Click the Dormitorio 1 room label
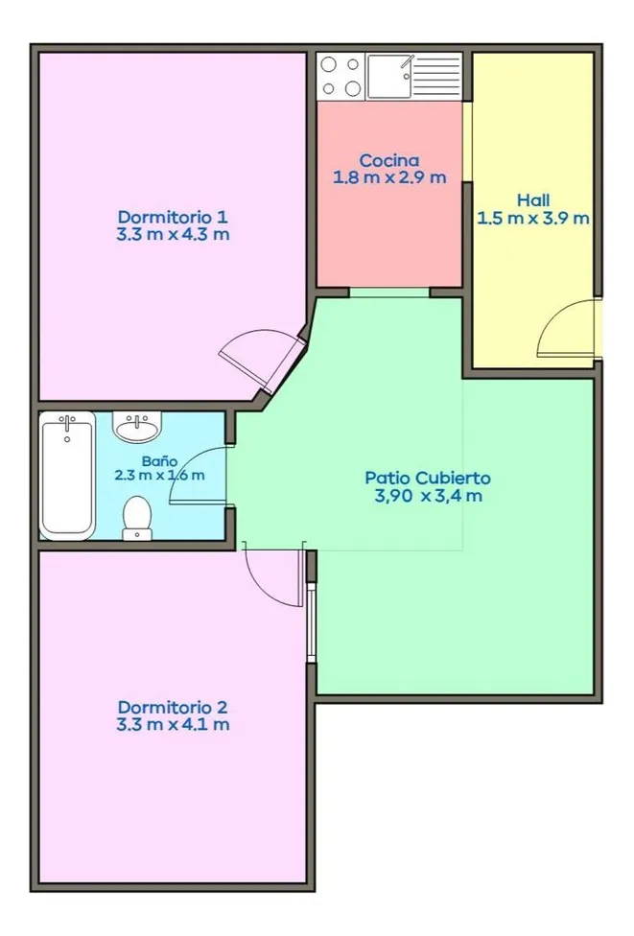tap(173, 216)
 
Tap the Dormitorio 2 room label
tap(173, 708)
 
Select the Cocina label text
tap(389, 160)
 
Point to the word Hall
tap(533, 200)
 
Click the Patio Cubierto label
tap(428, 479)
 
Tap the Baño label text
tap(159, 461)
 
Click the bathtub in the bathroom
tap(67, 476)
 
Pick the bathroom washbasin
tap(138, 427)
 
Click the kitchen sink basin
tap(389, 76)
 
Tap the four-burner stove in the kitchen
tap(340, 76)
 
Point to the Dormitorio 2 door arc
tap(270, 586)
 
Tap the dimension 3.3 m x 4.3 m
tap(173, 234)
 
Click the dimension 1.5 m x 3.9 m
tap(533, 219)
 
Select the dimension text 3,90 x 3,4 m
tap(428, 496)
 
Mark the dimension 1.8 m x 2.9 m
tap(389, 177)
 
